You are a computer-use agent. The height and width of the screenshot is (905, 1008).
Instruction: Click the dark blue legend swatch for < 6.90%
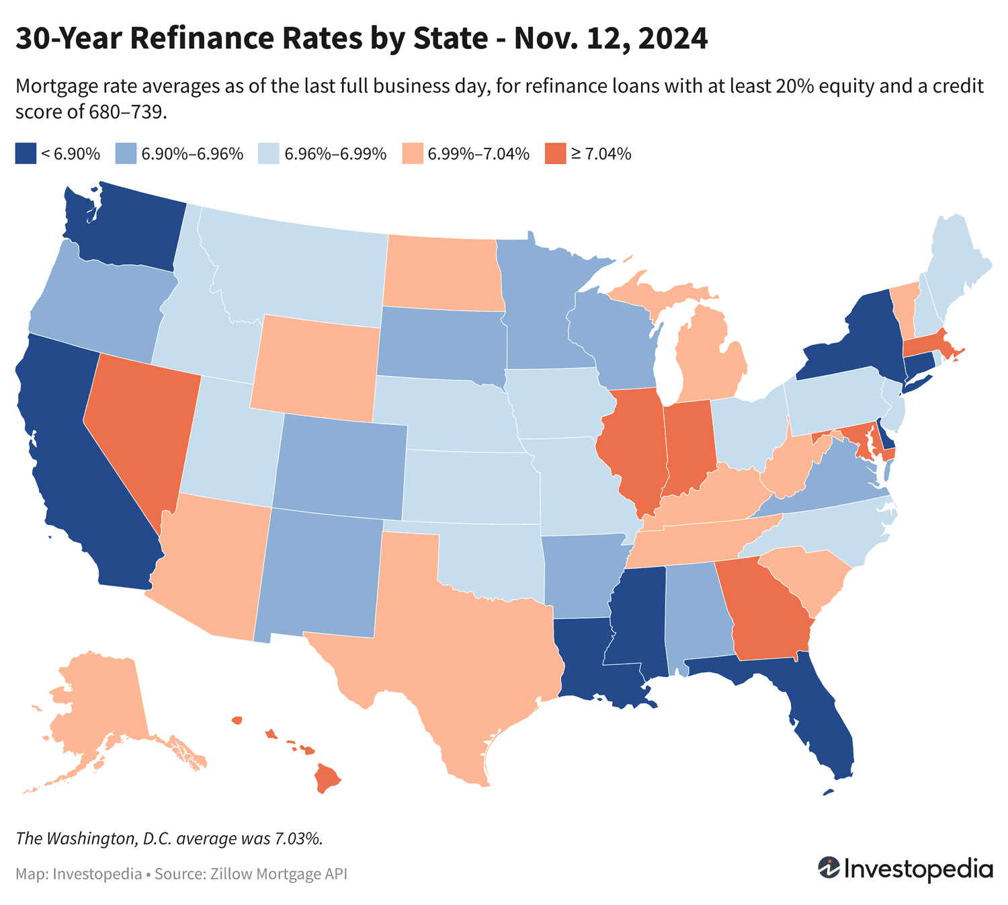pos(25,153)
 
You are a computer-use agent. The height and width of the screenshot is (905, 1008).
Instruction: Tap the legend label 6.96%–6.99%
pos(335,154)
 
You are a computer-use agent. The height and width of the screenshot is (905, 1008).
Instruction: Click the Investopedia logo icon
pos(829,868)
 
